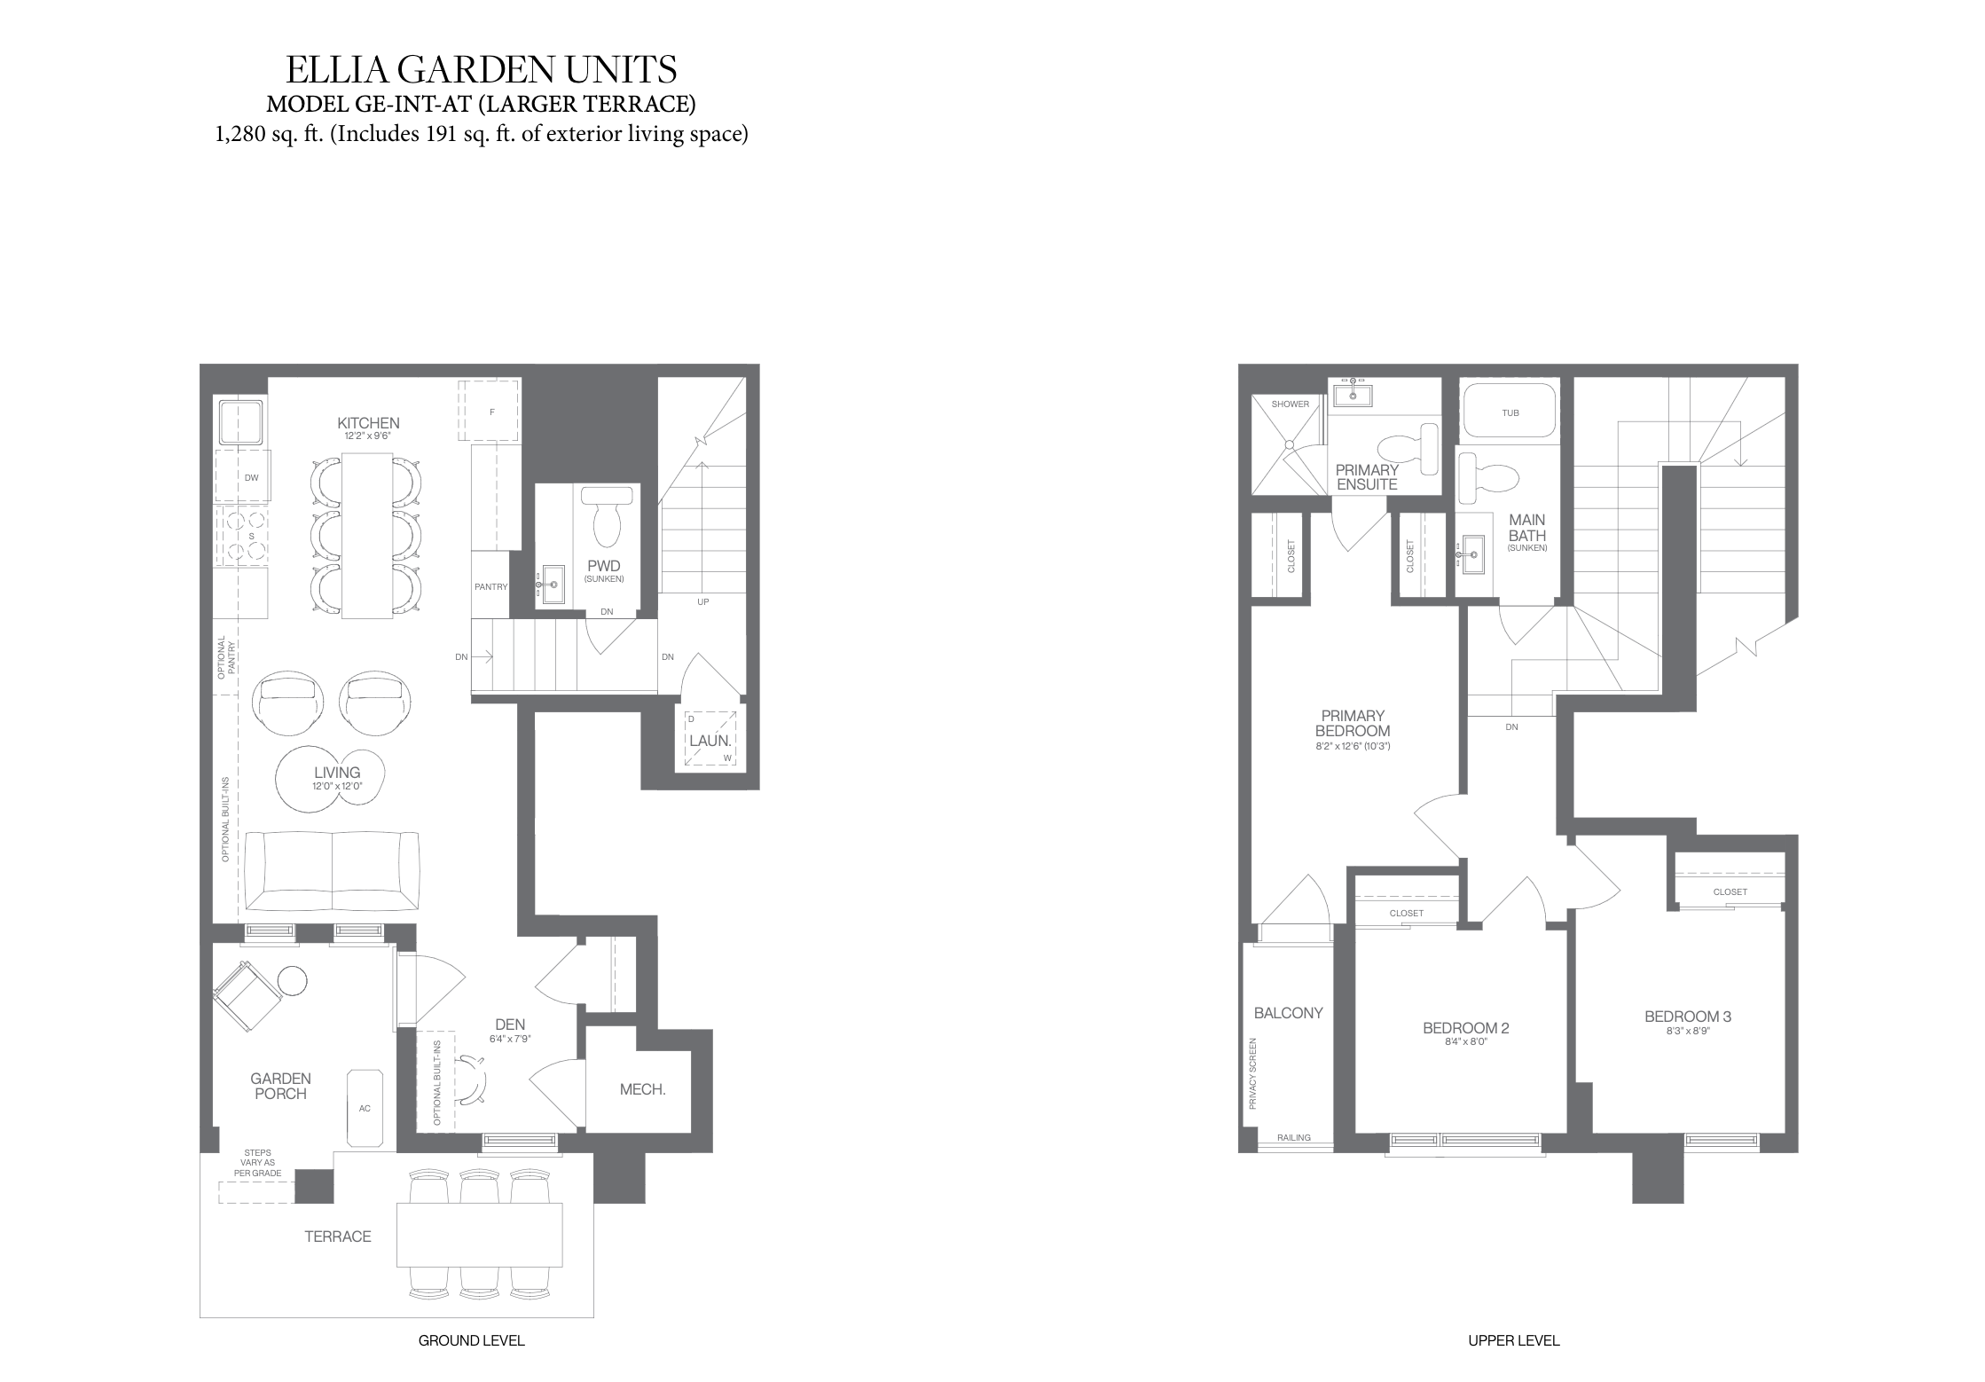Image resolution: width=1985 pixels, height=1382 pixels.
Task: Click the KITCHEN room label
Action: pyautogui.click(x=368, y=423)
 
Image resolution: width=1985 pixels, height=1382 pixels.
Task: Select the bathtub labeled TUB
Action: pyautogui.click(x=1509, y=411)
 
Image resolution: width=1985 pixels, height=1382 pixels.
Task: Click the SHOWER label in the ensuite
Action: pyautogui.click(x=1290, y=404)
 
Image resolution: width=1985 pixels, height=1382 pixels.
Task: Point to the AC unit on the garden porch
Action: pyautogui.click(x=365, y=1108)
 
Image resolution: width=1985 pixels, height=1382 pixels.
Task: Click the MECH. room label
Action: pyautogui.click(x=642, y=1089)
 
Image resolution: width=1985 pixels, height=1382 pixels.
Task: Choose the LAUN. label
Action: pyautogui.click(x=710, y=740)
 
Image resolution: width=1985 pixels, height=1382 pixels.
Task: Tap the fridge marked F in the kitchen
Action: pyautogui.click(x=489, y=410)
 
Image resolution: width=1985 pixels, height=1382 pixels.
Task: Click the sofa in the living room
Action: pyautogui.click(x=332, y=871)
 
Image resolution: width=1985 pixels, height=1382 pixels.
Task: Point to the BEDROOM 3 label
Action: pyautogui.click(x=1688, y=1017)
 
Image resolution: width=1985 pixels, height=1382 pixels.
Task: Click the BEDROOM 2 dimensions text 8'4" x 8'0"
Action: pyautogui.click(x=1465, y=1042)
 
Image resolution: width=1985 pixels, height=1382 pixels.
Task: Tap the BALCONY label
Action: pyautogui.click(x=1288, y=1013)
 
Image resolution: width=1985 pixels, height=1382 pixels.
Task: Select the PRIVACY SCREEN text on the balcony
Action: pyautogui.click(x=1253, y=1073)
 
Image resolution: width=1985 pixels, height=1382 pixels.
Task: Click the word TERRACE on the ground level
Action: pyautogui.click(x=338, y=1237)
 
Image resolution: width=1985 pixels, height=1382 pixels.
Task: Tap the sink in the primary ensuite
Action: pyautogui.click(x=1352, y=391)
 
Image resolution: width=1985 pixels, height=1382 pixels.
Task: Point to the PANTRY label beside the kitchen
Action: pyautogui.click(x=490, y=586)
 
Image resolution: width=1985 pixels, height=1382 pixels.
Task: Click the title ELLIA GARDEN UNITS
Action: pyautogui.click(x=482, y=69)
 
